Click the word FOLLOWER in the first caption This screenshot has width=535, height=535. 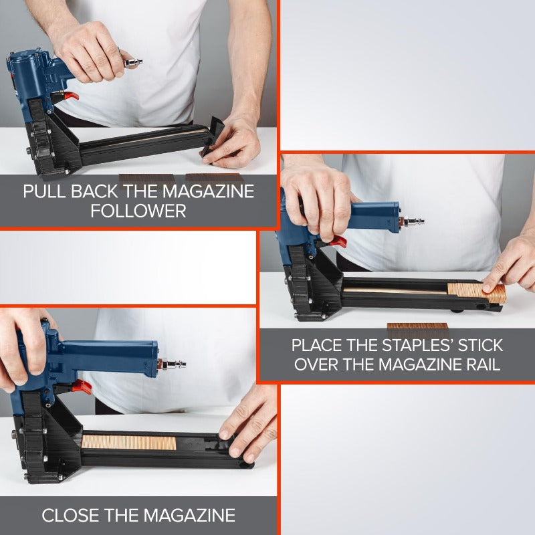click(138, 211)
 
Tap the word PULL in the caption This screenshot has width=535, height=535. click(44, 191)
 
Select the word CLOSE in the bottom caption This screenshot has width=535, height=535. click(70, 515)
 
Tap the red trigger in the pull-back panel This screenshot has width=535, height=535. click(71, 96)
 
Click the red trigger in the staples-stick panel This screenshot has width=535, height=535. click(338, 241)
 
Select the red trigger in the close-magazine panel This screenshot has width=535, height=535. click(82, 387)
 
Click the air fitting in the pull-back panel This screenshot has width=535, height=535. click(132, 62)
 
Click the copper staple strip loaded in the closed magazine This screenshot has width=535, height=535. click(129, 442)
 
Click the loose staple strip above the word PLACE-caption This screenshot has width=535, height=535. click(417, 326)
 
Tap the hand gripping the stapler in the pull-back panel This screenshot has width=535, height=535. click(90, 51)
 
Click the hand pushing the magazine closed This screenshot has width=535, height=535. click(249, 423)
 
